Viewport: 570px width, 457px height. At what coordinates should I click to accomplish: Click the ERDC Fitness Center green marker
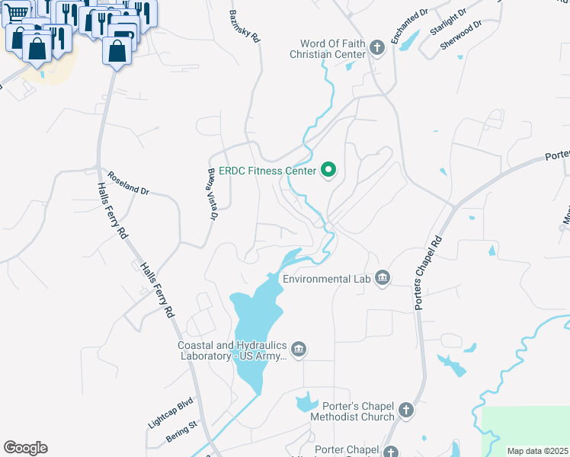tap(329, 170)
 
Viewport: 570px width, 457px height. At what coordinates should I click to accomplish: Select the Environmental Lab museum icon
tap(382, 279)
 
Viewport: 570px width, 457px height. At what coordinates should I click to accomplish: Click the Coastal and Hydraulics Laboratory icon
tap(299, 350)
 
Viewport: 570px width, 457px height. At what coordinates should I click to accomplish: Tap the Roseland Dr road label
tap(128, 182)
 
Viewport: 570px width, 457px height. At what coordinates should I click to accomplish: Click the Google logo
tap(25, 448)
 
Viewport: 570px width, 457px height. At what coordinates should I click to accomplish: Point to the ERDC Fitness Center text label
tap(266, 171)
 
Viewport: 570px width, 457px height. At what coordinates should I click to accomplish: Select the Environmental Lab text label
tap(326, 280)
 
